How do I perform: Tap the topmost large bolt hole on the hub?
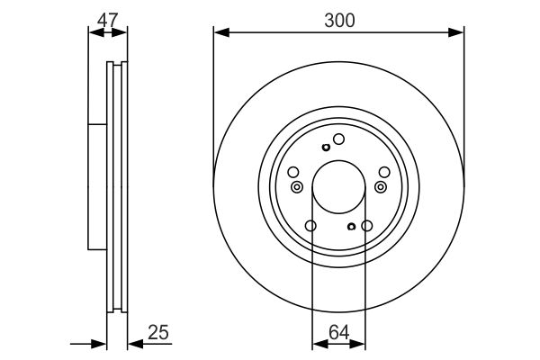(x=339, y=139)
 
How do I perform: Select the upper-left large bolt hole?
(x=293, y=172)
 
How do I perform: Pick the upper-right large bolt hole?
(x=384, y=172)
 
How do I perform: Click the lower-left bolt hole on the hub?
(x=310, y=226)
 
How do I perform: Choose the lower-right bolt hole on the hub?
(x=367, y=226)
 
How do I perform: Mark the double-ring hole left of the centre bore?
(x=297, y=187)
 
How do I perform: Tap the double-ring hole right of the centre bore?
(x=381, y=187)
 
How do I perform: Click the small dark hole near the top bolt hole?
(x=324, y=148)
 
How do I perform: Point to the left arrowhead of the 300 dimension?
(x=220, y=33)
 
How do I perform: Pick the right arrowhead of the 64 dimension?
(x=361, y=343)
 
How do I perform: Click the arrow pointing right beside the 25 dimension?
(x=100, y=343)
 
